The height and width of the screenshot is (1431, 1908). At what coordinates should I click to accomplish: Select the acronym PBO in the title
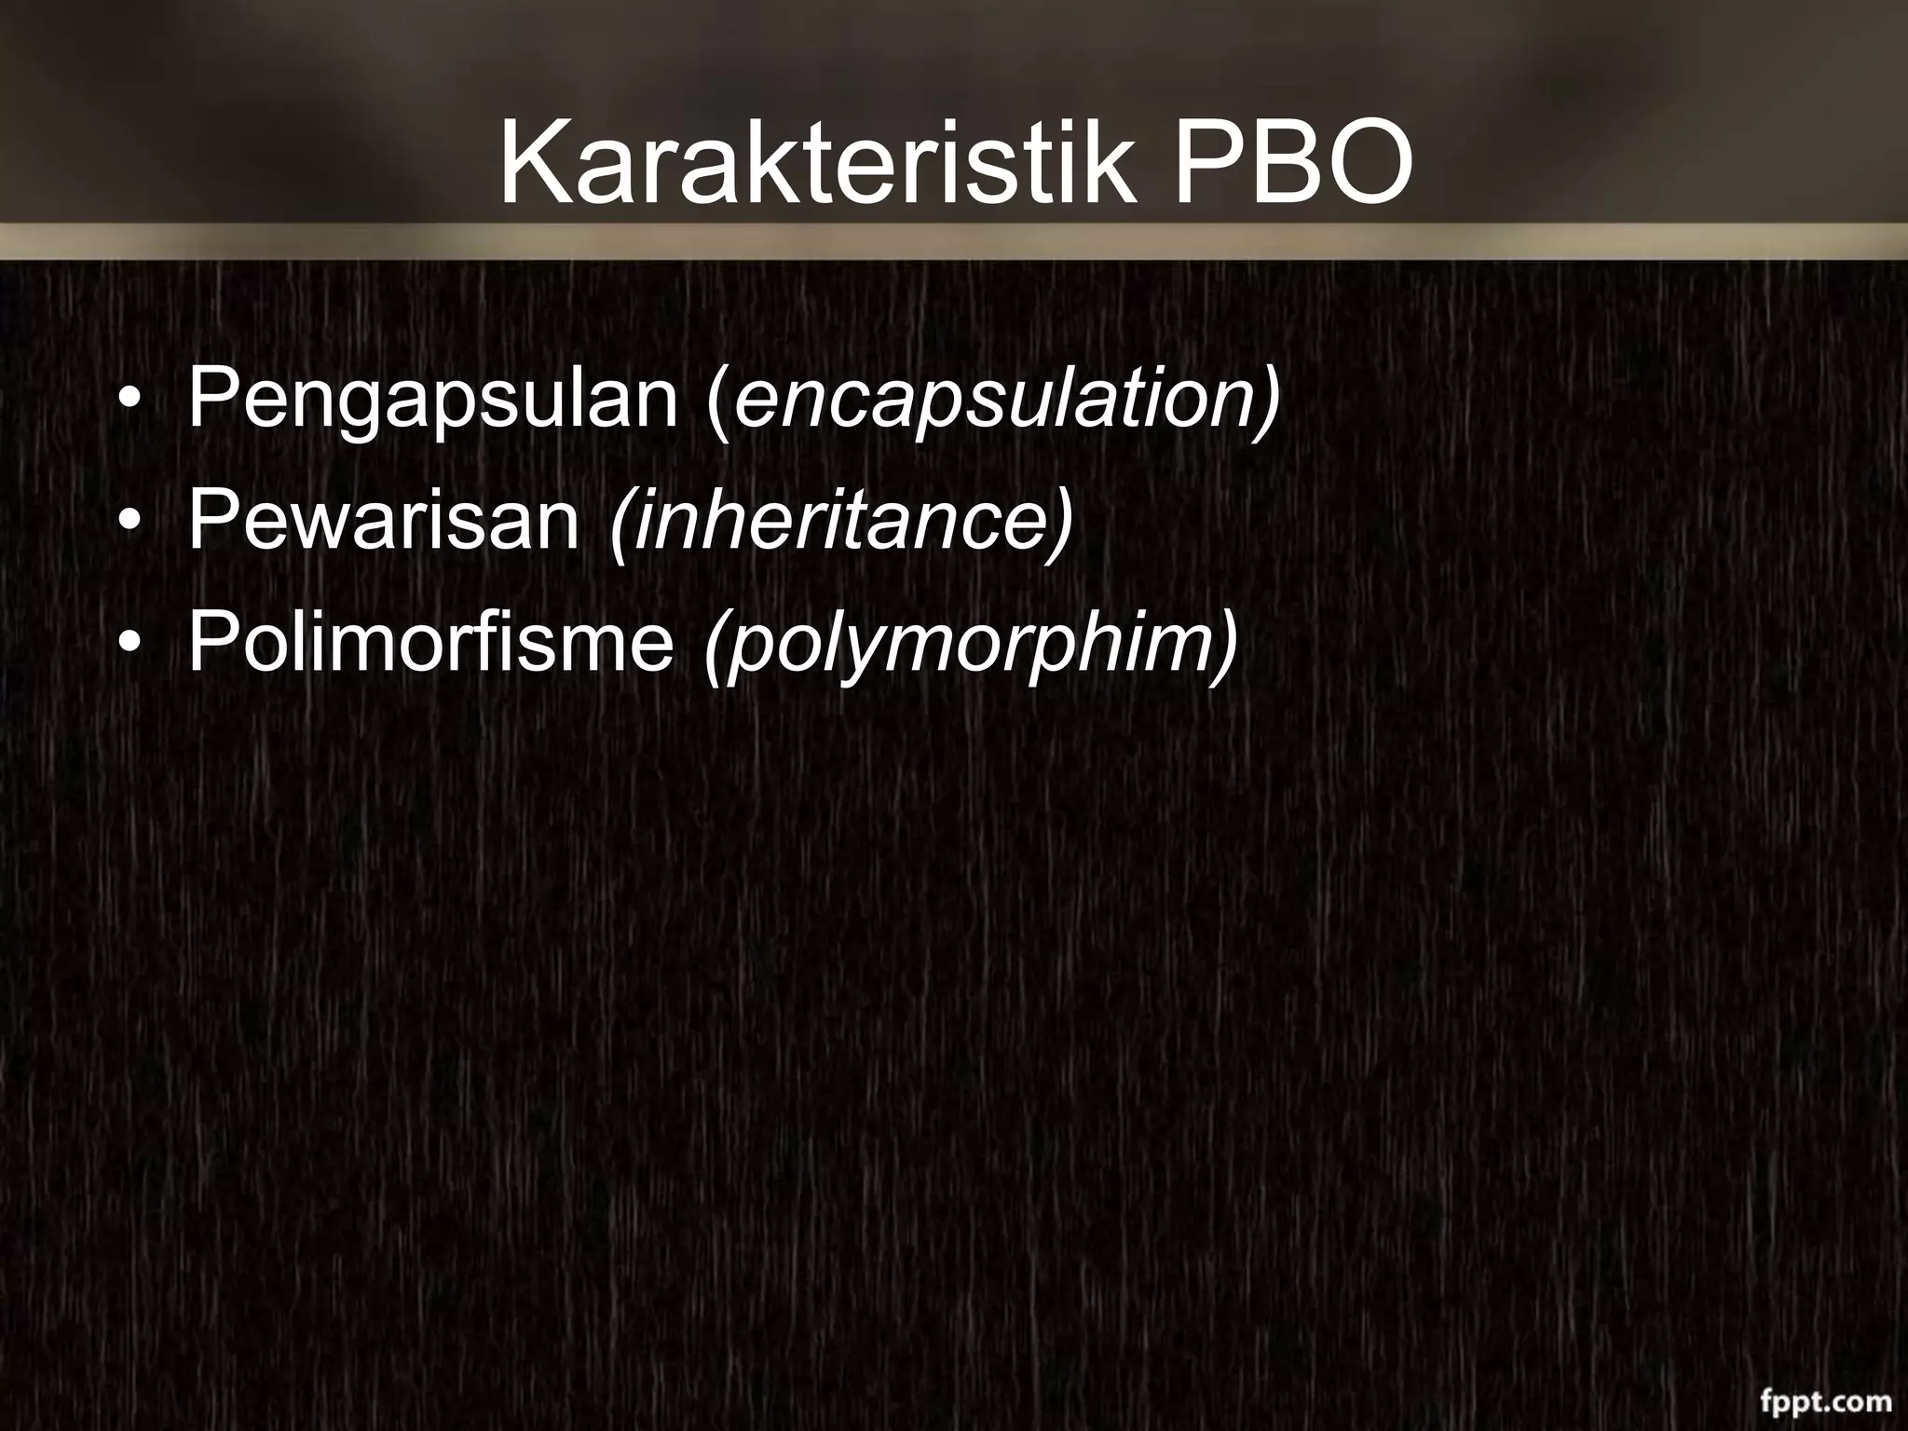pyautogui.click(x=1292, y=163)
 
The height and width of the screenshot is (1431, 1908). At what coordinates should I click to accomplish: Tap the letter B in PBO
pyautogui.click(x=1282, y=163)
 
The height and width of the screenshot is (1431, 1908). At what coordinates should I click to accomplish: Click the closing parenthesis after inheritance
pyautogui.click(x=1063, y=520)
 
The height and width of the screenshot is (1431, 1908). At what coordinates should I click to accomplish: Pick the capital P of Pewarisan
pyautogui.click(x=210, y=519)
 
